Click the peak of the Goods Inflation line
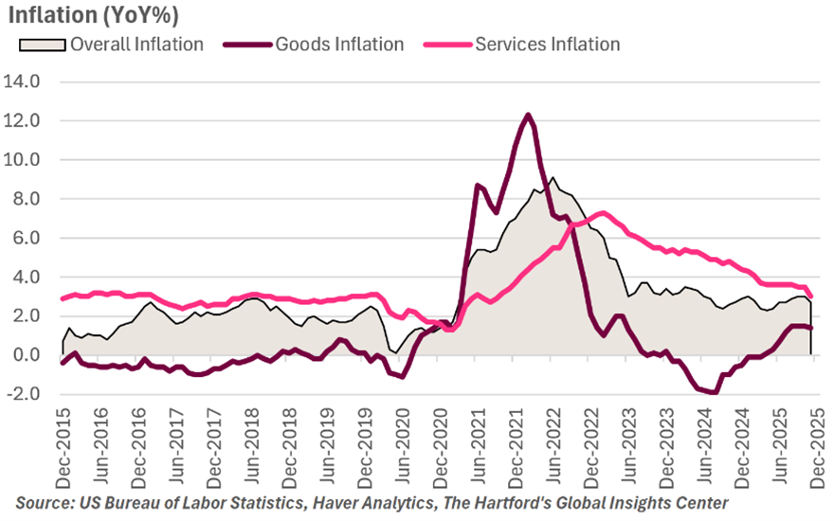tap(528, 115)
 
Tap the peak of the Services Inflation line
tap(604, 212)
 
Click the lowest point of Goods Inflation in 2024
tap(716, 392)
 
